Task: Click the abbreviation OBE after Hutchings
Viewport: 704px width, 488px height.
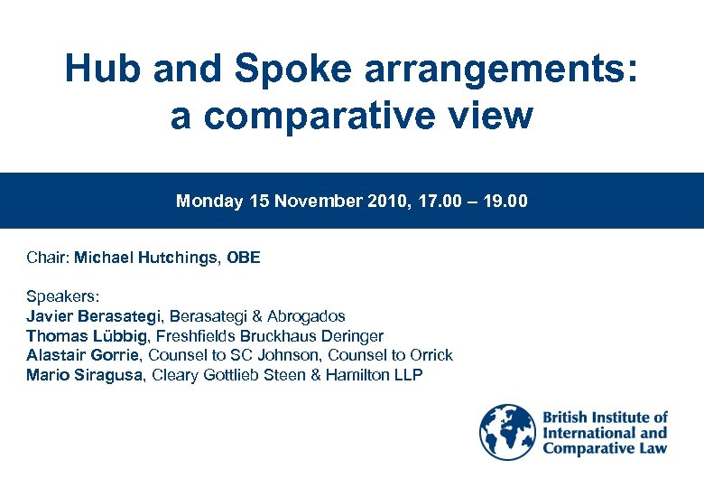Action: [x=244, y=258]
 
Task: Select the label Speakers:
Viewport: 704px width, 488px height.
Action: [x=63, y=296]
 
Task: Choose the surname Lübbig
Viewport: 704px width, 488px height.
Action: [x=120, y=336]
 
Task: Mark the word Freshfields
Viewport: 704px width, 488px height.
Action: [x=199, y=336]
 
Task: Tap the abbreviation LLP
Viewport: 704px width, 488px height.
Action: [x=406, y=375]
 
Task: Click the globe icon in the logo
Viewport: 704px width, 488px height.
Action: [x=507, y=433]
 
